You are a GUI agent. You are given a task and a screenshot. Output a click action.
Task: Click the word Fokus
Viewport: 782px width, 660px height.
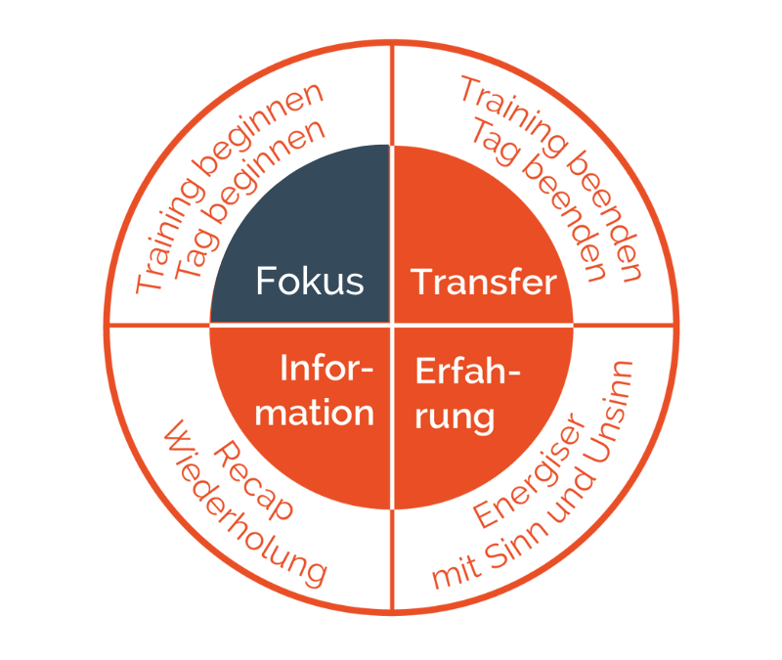[x=310, y=281]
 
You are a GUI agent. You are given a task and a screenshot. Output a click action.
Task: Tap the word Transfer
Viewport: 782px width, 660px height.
[x=483, y=282]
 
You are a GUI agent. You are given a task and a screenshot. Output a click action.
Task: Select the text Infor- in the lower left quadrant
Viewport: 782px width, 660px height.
[x=326, y=369]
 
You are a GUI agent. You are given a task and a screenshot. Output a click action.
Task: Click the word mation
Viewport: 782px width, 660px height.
[x=314, y=413]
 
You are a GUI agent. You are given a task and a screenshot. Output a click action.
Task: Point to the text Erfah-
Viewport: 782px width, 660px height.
[x=468, y=372]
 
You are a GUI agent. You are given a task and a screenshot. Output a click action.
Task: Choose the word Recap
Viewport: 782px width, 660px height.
[x=254, y=480]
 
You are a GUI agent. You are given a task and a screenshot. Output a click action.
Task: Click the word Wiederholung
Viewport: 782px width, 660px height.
[x=244, y=504]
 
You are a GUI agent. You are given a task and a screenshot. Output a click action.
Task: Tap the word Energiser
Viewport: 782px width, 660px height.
[x=530, y=471]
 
